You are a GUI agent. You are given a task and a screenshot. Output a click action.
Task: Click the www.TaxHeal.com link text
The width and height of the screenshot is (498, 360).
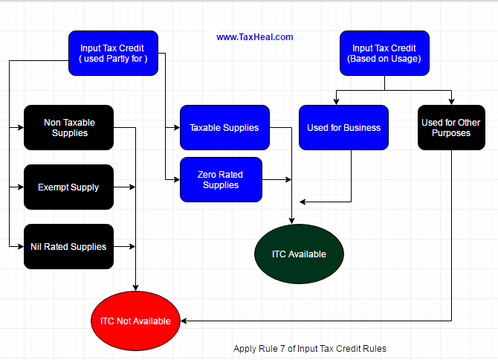(254, 36)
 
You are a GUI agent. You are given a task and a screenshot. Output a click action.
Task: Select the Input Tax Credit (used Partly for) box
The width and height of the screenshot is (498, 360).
(113, 53)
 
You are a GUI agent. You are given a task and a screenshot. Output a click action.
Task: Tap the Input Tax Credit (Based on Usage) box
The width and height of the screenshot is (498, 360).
(384, 53)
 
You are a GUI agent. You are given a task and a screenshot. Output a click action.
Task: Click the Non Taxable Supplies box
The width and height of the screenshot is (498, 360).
(69, 127)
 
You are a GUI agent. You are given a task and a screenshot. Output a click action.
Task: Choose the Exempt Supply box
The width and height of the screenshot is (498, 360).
(69, 187)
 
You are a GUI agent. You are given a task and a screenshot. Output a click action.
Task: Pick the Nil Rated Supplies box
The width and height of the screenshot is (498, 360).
(69, 246)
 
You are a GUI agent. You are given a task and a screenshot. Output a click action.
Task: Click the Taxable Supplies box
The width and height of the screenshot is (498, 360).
(224, 127)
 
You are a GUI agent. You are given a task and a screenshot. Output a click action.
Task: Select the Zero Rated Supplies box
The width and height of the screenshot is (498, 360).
(221, 179)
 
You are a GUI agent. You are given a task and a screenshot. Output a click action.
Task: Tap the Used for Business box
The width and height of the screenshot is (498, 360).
(343, 127)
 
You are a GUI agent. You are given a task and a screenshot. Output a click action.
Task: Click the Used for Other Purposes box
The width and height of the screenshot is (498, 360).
(451, 127)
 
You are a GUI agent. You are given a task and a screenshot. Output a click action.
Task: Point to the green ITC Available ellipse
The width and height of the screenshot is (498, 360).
(299, 254)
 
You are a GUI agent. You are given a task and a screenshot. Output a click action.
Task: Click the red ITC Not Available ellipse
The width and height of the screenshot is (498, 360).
(135, 321)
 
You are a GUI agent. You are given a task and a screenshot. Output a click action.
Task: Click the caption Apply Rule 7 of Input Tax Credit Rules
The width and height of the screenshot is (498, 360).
(310, 348)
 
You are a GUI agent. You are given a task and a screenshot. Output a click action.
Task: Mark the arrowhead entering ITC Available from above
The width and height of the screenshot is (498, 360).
(291, 220)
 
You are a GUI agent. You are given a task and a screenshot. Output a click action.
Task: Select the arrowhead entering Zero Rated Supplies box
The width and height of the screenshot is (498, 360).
(176, 179)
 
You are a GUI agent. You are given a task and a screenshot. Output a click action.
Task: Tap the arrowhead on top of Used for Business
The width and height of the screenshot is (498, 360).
(336, 101)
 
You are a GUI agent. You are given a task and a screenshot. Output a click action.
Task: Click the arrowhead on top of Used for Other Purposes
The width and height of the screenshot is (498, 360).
(451, 101)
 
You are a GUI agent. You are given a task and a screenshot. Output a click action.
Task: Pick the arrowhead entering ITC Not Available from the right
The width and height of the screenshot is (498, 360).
(184, 321)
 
